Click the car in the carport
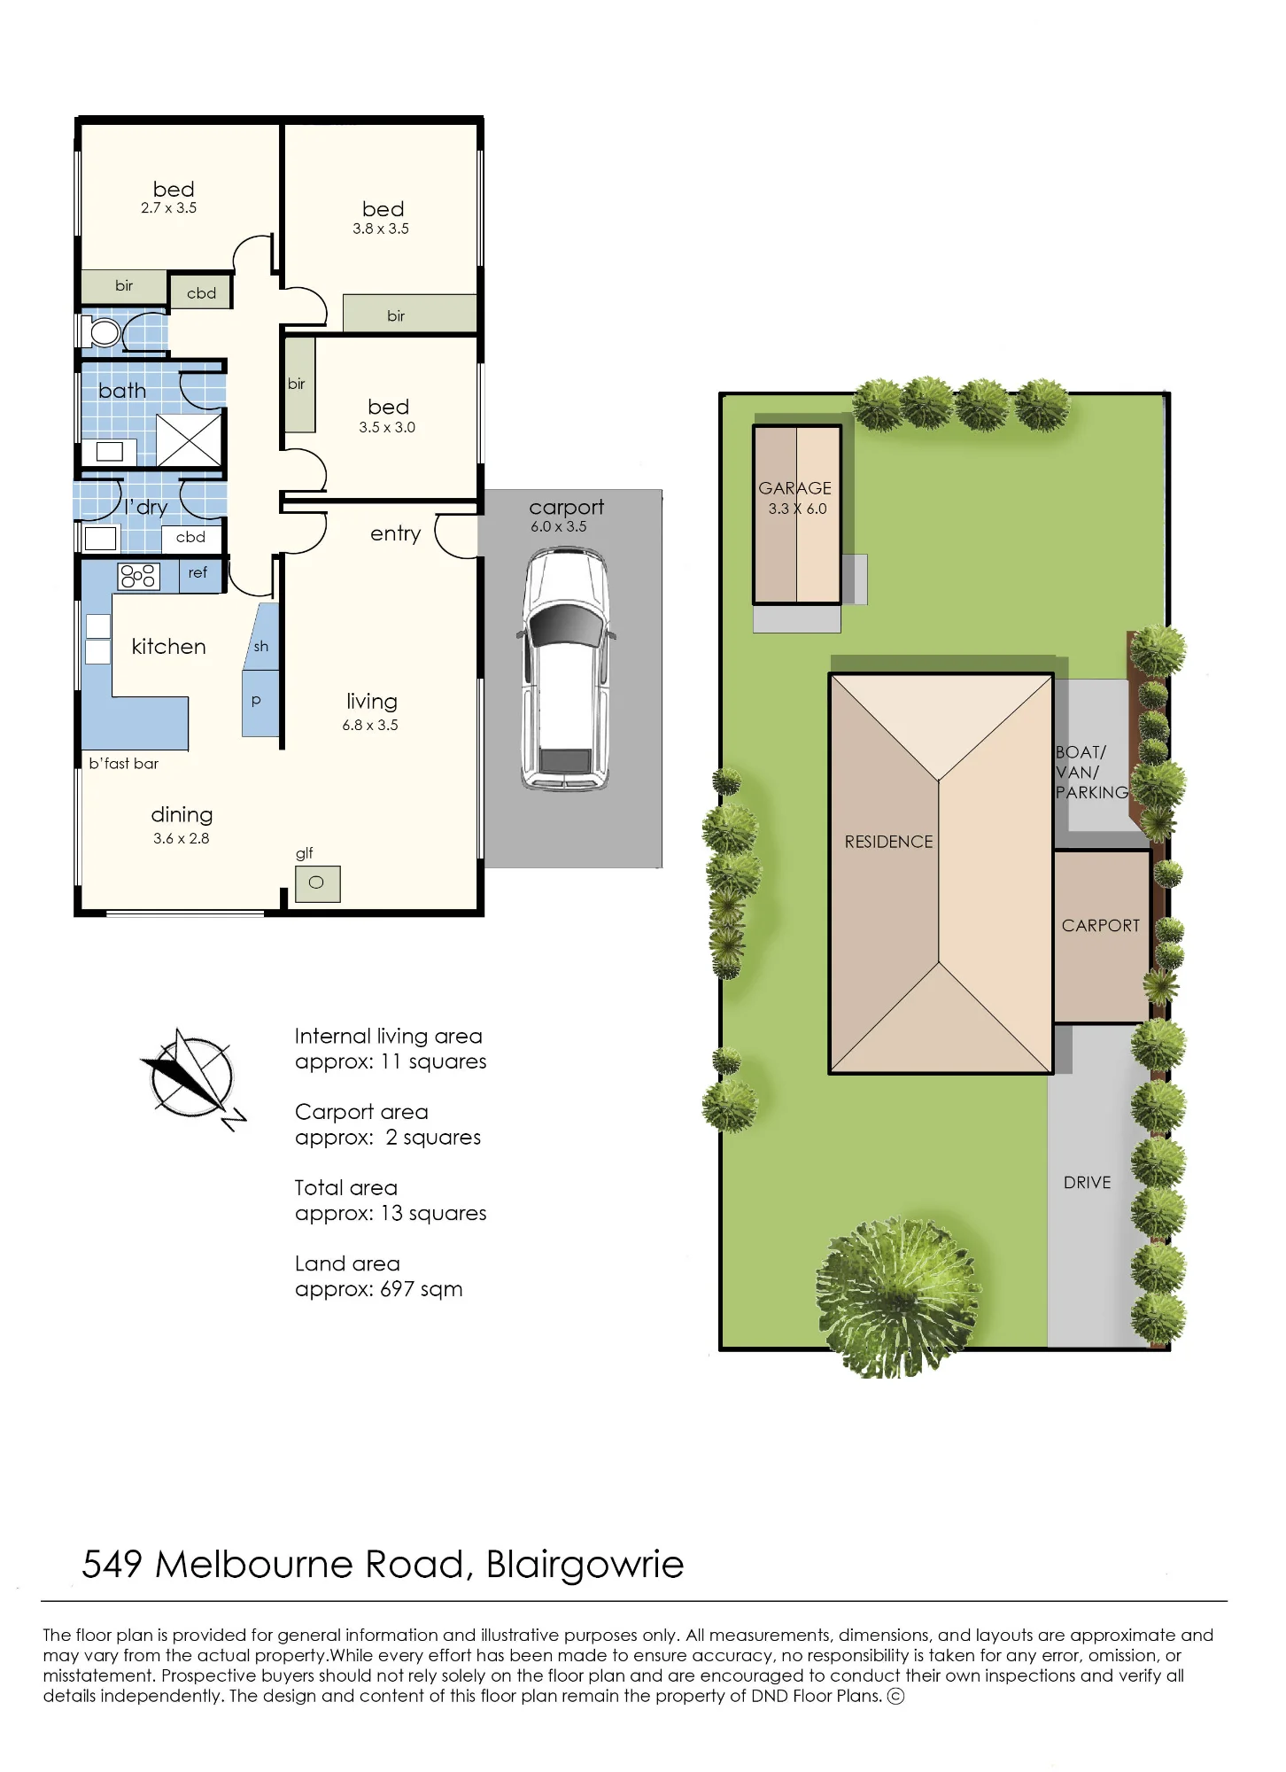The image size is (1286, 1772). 566,668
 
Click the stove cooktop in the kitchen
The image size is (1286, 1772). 138,576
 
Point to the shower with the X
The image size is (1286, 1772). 189,439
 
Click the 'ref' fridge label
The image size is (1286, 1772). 198,572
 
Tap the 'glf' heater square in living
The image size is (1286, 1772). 317,883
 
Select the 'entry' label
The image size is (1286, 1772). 395,533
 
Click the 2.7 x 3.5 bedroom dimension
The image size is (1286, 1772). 168,208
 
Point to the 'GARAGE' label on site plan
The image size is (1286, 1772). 794,488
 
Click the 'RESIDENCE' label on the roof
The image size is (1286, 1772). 888,842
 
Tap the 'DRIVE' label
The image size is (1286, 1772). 1087,1183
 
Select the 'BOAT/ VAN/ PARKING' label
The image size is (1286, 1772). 1092,773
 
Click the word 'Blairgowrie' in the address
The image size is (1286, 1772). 585,1566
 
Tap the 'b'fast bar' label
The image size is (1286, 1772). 124,764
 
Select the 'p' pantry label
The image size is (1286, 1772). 256,701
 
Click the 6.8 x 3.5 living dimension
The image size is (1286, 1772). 370,725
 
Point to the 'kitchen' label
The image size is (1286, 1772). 168,647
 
